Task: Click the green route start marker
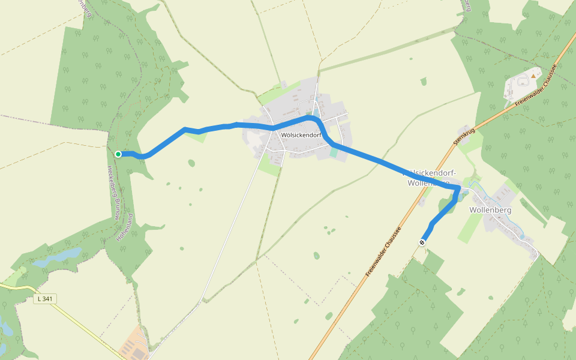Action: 118,154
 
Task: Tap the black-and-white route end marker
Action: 422,242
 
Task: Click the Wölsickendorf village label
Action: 301,135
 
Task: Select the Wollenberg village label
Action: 490,210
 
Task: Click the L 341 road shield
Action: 44,299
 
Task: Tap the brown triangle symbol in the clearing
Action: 533,76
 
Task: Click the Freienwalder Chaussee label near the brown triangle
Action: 536,87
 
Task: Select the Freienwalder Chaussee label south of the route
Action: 383,251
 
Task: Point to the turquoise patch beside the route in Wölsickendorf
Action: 334,153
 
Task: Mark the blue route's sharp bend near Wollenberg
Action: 459,189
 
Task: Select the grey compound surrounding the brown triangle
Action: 522,84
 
